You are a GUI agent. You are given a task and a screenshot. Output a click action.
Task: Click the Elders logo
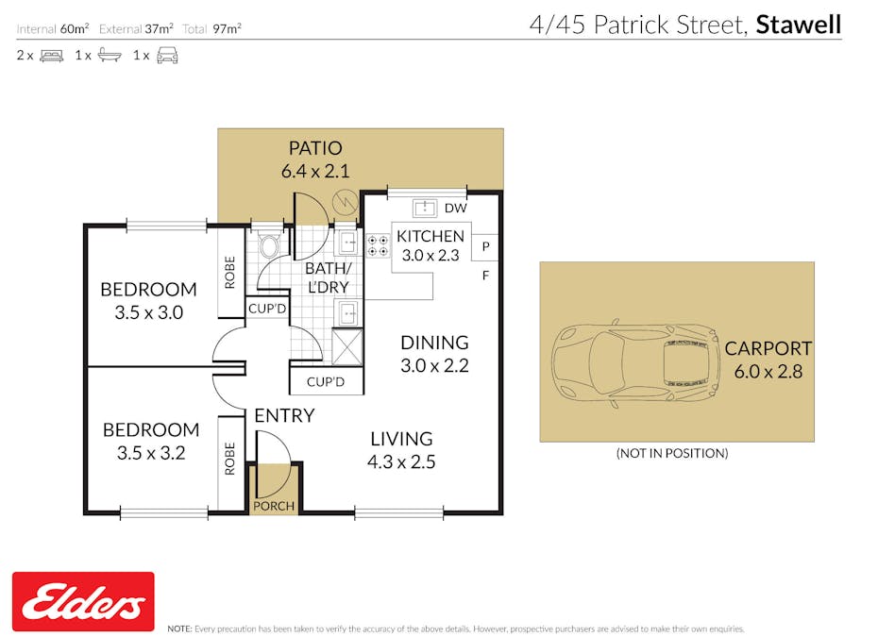[83, 601]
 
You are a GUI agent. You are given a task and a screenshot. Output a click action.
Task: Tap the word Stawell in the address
[798, 24]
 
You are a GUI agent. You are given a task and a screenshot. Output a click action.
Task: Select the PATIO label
[314, 148]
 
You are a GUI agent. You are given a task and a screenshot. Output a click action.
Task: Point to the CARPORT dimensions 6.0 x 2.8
[768, 372]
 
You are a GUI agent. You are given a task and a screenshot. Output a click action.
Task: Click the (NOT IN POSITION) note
[671, 453]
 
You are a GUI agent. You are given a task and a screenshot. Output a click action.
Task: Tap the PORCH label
[275, 506]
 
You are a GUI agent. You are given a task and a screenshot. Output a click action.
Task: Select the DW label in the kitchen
[455, 208]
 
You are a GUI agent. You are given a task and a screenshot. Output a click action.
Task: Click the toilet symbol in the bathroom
[268, 247]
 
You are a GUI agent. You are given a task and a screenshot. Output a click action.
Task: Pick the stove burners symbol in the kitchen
[379, 245]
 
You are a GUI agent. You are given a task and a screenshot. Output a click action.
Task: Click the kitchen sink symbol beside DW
[423, 208]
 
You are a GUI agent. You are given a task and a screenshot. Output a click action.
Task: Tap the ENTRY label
[284, 415]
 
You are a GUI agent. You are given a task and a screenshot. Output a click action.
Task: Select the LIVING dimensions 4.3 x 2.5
[401, 461]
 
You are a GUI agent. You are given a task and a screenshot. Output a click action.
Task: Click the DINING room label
[434, 343]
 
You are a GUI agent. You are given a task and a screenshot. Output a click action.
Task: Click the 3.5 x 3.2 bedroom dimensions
[151, 452]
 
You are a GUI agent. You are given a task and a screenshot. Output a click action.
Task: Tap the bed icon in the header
[51, 56]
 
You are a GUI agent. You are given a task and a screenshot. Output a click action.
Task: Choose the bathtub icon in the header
[110, 56]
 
